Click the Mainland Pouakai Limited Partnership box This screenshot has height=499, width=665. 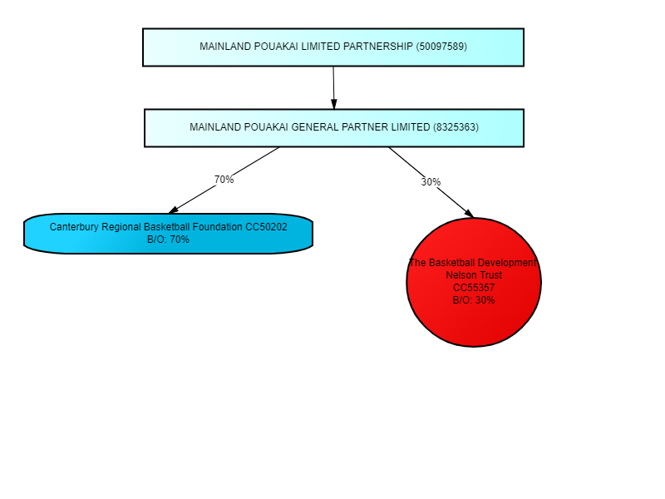pyautogui.click(x=332, y=47)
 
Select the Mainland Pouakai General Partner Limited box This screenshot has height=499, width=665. pyautogui.click(x=333, y=128)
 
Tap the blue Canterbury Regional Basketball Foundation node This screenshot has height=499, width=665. pyautogui.click(x=168, y=234)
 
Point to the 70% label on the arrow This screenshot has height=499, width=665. pyautogui.click(x=224, y=180)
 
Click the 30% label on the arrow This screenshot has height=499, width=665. pyautogui.click(x=431, y=182)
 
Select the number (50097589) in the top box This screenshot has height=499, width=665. pyautogui.click(x=441, y=47)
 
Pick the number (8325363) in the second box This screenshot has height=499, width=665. pyautogui.click(x=456, y=128)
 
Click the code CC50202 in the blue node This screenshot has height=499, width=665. pyautogui.click(x=266, y=227)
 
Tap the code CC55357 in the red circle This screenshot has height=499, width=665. pyautogui.click(x=474, y=288)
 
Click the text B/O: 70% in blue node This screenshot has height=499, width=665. pyautogui.click(x=168, y=240)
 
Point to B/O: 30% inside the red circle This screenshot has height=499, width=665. pyautogui.click(x=474, y=300)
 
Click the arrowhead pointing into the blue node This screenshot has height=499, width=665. pyautogui.click(x=173, y=211)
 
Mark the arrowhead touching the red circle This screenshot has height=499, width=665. pyautogui.click(x=469, y=214)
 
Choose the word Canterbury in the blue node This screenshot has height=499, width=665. pyautogui.click(x=74, y=227)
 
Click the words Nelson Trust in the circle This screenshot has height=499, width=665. pyautogui.click(x=474, y=275)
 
